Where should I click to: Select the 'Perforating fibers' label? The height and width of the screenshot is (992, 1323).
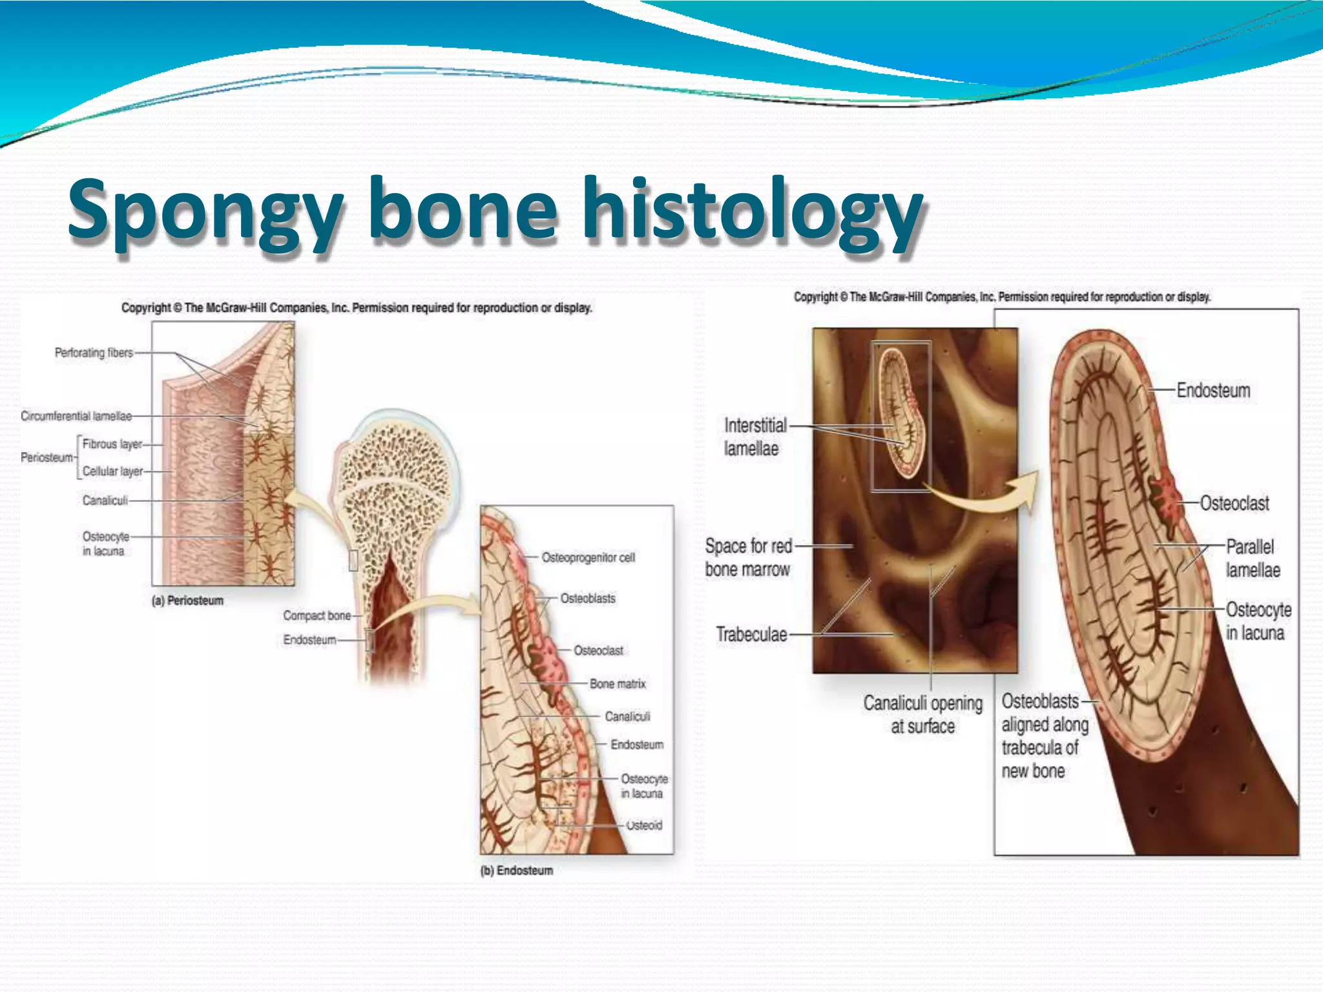point(94,353)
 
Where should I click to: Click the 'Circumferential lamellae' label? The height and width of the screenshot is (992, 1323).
point(76,416)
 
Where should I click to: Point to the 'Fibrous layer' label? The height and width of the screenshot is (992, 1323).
point(112,444)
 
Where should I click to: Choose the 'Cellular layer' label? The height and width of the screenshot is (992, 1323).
point(112,471)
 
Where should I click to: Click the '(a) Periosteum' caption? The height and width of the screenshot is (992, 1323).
point(187,601)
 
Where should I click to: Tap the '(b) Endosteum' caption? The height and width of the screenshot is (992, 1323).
point(516,871)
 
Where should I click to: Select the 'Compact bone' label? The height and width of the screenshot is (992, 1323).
point(317,615)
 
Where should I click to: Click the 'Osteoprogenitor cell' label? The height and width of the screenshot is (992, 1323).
point(588,557)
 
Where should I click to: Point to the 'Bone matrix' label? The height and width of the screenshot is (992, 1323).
point(617,683)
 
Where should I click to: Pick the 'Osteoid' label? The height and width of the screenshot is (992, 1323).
point(643,825)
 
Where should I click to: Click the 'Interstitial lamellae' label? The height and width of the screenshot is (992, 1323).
point(755,437)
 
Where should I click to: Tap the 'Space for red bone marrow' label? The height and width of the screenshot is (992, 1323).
point(748,557)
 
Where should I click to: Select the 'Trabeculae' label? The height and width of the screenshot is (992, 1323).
point(751,634)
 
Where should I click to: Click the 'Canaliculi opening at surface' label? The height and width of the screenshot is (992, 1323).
point(922,714)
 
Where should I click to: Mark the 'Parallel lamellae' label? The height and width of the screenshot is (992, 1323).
point(1252,558)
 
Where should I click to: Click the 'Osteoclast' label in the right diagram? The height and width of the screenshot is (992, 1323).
point(1234,503)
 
